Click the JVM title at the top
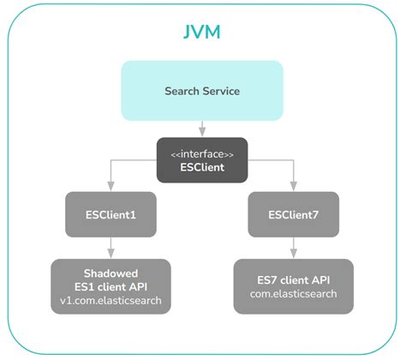coord(202,33)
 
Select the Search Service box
coord(202,90)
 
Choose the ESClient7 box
coord(294,213)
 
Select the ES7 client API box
coord(294,286)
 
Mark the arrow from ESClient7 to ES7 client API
coord(294,246)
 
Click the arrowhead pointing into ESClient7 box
coord(294,186)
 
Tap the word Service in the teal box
coord(222,90)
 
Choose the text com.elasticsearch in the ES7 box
coord(294,293)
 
